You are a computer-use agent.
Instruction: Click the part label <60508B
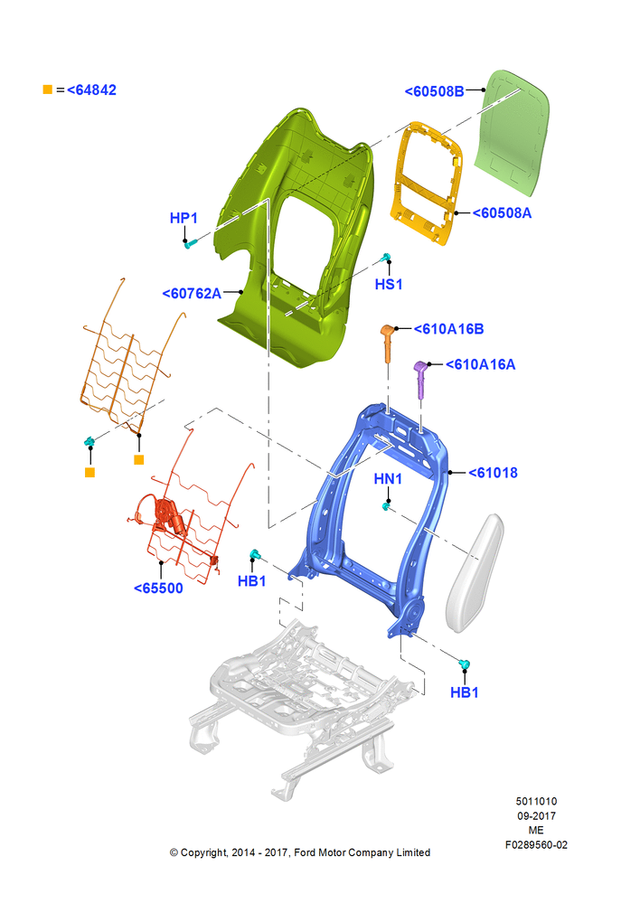pyautogui.click(x=434, y=91)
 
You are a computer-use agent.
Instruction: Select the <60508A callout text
pyautogui.click(x=502, y=213)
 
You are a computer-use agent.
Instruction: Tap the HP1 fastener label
pyautogui.click(x=184, y=218)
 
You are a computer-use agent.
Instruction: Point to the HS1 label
pyautogui.click(x=389, y=284)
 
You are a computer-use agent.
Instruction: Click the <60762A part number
pyautogui.click(x=192, y=294)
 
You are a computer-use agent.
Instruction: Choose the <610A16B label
pyautogui.click(x=448, y=329)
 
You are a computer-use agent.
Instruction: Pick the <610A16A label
pyautogui.click(x=480, y=364)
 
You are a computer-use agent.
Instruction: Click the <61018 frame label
pyautogui.click(x=493, y=473)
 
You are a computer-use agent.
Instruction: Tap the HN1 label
pyautogui.click(x=388, y=479)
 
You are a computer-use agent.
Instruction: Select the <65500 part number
pyautogui.click(x=158, y=589)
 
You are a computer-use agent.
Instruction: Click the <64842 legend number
pyautogui.click(x=91, y=89)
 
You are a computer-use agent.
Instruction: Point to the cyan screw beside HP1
pyautogui.click(x=190, y=244)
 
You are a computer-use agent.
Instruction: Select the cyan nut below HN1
pyautogui.click(x=385, y=506)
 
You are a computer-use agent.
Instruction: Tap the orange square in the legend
pyautogui.click(x=48, y=89)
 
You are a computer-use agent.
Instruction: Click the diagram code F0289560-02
pyautogui.click(x=536, y=845)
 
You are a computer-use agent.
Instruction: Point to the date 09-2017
pyautogui.click(x=536, y=816)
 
